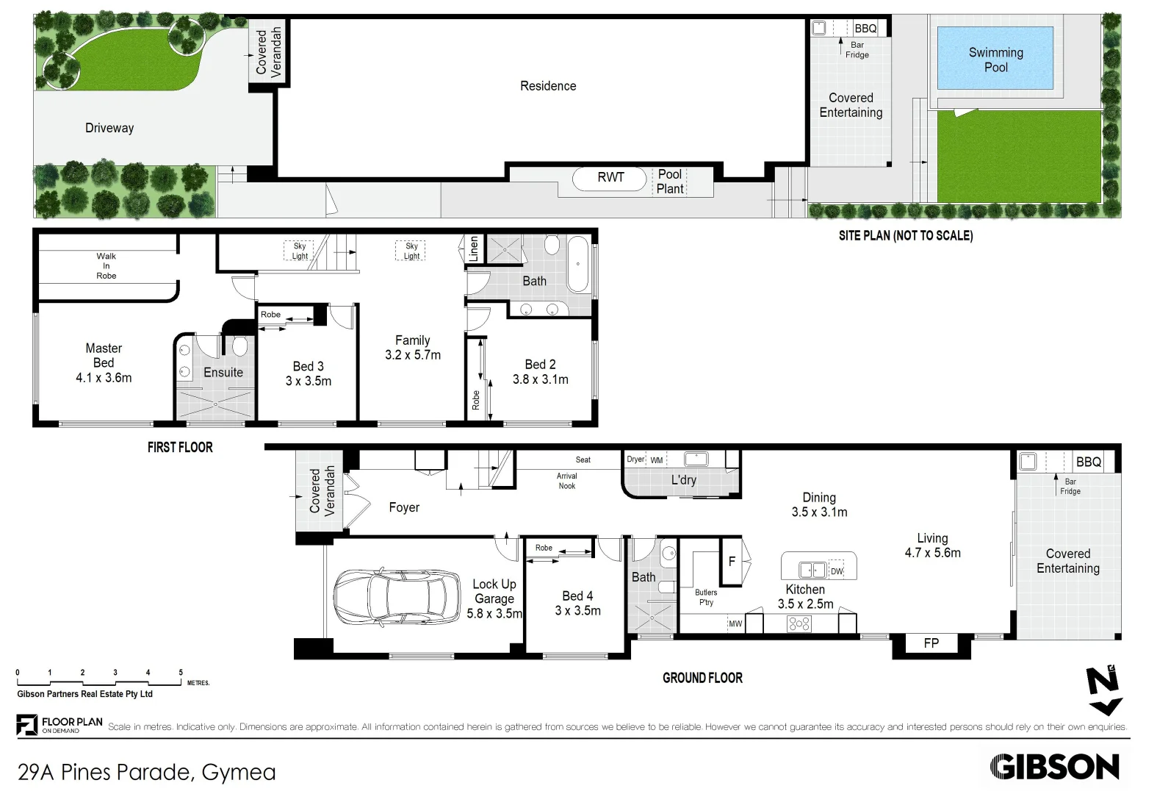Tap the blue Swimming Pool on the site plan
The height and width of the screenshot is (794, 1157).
tap(995, 59)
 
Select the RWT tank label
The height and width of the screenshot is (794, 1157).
tap(610, 177)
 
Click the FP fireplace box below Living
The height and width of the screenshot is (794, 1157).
tap(931, 643)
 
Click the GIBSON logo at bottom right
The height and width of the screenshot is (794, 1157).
tap(1054, 767)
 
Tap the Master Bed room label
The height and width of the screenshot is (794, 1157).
tap(104, 362)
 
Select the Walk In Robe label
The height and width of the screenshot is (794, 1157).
tap(106, 266)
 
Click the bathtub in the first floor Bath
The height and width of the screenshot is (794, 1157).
tap(577, 264)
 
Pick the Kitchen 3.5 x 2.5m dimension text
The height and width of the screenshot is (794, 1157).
tap(805, 604)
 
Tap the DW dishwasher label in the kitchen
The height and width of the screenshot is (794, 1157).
tap(837, 571)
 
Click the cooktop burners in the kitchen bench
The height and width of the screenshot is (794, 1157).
tap(799, 624)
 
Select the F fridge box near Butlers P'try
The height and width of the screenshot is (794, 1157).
tap(732, 561)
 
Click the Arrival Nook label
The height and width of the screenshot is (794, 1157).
tap(567, 481)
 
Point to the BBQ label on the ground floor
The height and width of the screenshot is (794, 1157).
tap(1088, 462)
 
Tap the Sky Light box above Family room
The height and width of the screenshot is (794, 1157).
tap(411, 251)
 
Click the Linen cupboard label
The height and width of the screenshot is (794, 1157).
tap(474, 249)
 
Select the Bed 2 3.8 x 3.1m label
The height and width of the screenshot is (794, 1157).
tap(541, 372)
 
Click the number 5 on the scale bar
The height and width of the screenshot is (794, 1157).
tap(181, 672)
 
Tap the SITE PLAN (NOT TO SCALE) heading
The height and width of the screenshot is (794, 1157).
tap(905, 235)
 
